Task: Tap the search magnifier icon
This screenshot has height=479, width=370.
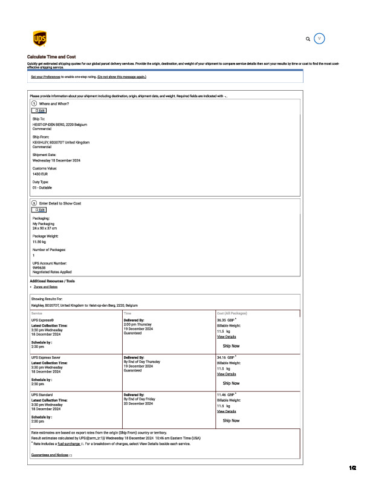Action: (x=308, y=39)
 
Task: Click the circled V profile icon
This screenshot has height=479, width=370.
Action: (x=320, y=39)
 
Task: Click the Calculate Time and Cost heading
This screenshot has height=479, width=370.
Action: (x=51, y=57)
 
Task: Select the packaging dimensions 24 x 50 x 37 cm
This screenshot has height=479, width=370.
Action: (x=45, y=228)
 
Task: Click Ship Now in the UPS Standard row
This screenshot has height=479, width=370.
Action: (x=231, y=420)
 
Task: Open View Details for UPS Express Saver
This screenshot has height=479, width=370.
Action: (x=226, y=374)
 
